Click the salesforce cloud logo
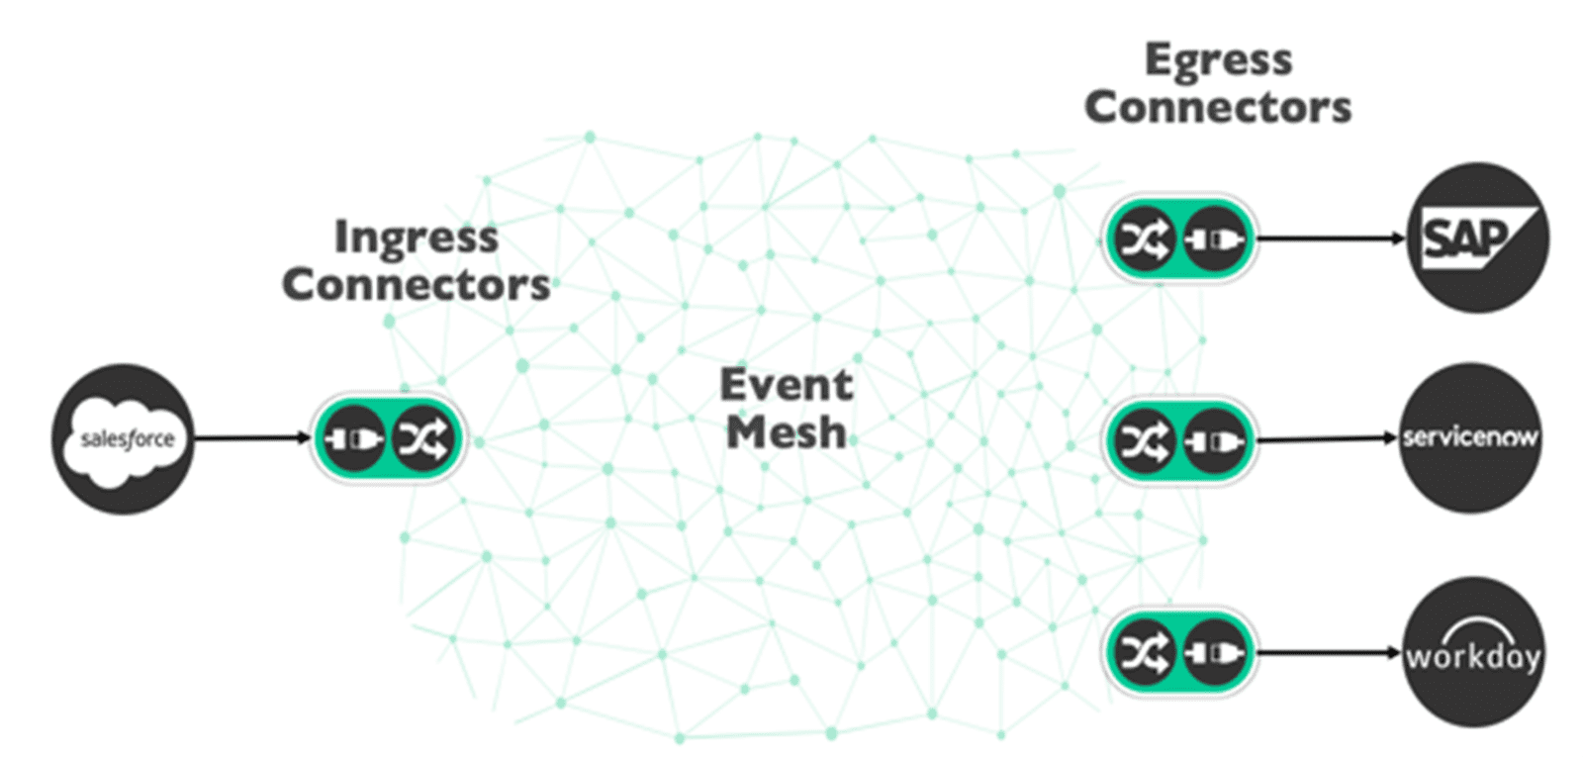point(124,438)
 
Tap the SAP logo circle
point(1477,238)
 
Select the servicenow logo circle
point(1469,437)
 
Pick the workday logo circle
point(1473,653)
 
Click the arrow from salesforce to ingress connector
point(252,437)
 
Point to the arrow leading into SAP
point(1331,238)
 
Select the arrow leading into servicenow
point(1326,438)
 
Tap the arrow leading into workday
point(1331,652)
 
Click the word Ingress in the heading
point(416,237)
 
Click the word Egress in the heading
point(1218,60)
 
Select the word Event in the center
point(786,384)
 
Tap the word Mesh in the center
point(786,432)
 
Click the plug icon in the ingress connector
point(353,437)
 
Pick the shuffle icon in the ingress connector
point(422,437)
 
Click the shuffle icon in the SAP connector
point(1143,238)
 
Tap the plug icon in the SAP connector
point(1215,238)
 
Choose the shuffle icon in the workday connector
point(1143,652)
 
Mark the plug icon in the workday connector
point(1215,652)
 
